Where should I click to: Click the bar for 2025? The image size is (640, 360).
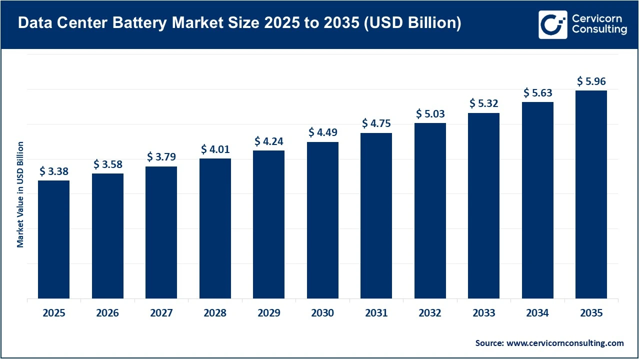[53, 240]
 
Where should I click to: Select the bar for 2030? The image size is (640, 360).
[322, 220]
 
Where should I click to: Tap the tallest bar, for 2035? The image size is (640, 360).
[591, 195]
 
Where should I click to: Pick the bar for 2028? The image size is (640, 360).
[215, 229]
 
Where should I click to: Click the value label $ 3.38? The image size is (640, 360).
[53, 171]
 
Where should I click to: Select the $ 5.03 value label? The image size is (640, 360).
[430, 113]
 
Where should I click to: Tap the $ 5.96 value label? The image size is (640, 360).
[591, 81]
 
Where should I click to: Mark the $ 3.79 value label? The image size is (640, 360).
[161, 157]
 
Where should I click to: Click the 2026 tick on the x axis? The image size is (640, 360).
[107, 313]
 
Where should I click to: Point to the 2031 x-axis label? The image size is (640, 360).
[376, 313]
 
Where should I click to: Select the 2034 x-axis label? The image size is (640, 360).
[537, 313]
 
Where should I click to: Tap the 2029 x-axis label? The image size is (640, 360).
[268, 313]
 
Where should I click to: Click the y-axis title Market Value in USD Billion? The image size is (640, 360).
[20, 194]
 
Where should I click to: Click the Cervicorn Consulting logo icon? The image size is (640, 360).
[552, 24]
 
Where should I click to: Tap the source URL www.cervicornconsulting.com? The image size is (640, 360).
[565, 343]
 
